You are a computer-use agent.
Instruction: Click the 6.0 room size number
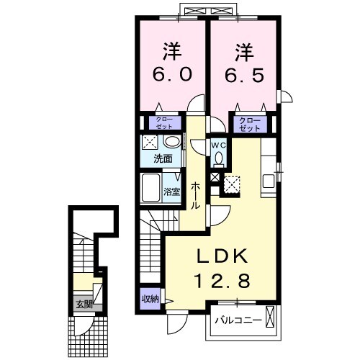[171, 75]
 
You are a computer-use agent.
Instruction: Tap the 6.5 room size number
[243, 75]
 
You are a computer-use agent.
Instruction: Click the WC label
[218, 144]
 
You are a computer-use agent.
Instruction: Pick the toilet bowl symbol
[218, 159]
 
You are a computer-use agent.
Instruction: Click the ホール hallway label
[195, 194]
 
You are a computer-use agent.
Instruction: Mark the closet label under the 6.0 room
[161, 124]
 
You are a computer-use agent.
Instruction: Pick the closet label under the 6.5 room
[249, 124]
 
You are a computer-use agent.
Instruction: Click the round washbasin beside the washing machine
[174, 141]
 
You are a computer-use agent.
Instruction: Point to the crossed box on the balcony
[270, 317]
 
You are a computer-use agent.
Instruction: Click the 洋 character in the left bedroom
[171, 51]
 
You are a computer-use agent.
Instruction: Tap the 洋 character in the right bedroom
[243, 51]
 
